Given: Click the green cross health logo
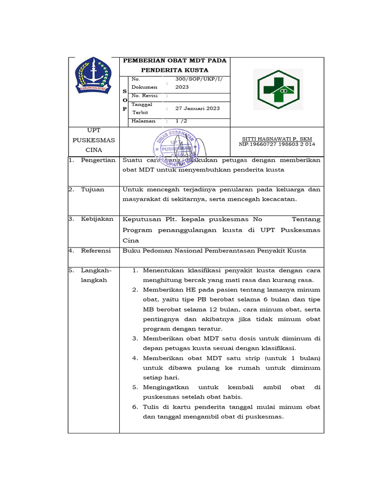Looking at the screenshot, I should click(x=278, y=90).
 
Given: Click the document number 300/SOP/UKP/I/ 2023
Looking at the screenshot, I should click(x=189, y=83).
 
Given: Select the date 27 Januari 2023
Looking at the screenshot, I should click(x=197, y=108).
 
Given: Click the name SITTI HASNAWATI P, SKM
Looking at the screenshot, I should click(x=277, y=139).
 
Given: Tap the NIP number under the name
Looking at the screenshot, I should click(x=277, y=144).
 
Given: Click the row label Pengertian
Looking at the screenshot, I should click(x=98, y=160).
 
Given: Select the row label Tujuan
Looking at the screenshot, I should click(x=92, y=189).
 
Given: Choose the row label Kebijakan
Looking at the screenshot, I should click(x=97, y=219).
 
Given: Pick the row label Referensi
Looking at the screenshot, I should click(x=96, y=250).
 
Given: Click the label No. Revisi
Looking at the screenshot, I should click(x=145, y=96).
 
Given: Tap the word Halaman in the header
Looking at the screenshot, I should click(x=143, y=121).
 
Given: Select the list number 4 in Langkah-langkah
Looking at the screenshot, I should click(x=135, y=358).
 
